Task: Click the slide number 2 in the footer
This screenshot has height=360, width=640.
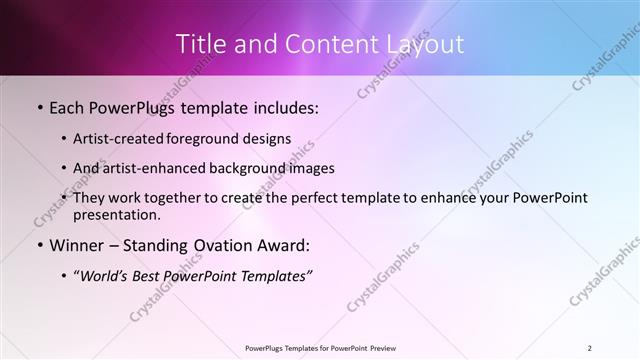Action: click(x=590, y=347)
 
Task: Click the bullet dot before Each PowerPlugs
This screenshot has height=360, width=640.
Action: click(x=39, y=107)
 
